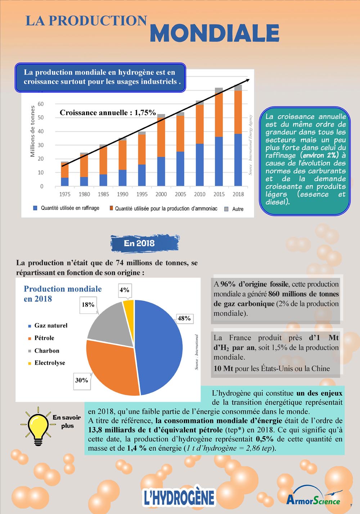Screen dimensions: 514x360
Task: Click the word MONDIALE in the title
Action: click(215, 33)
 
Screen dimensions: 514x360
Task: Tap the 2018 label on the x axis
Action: click(238, 194)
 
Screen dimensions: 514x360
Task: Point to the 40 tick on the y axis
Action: click(41, 131)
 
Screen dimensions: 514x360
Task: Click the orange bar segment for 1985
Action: click(103, 160)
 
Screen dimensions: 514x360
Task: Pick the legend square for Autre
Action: click(226, 209)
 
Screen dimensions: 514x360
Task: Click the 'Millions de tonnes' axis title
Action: click(33, 131)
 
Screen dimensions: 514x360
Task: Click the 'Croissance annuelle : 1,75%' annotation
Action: click(108, 113)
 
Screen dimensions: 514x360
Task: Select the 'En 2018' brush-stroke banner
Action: click(144, 244)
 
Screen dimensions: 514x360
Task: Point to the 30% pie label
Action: click(82, 380)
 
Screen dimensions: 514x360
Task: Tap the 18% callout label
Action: click(88, 305)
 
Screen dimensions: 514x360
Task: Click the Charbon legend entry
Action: click(47, 351)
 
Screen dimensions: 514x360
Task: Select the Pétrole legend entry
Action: click(44, 338)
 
